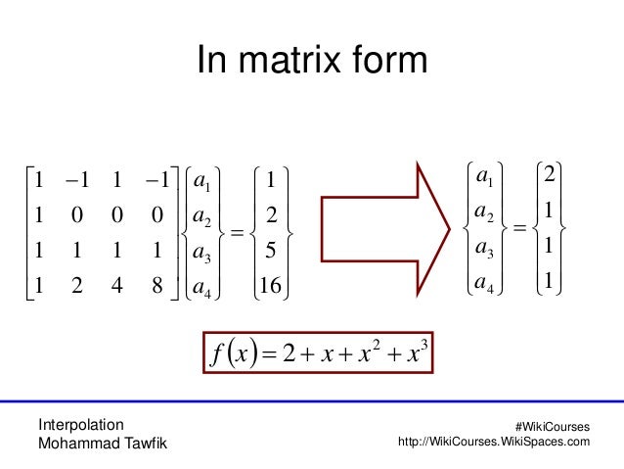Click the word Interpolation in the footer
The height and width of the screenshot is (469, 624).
80,424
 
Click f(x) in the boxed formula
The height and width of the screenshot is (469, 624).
231,352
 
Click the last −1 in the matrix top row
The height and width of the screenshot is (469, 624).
156,180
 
